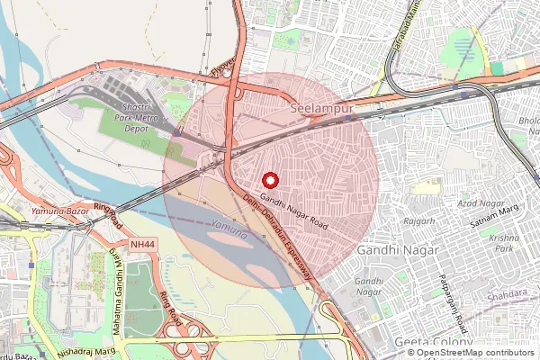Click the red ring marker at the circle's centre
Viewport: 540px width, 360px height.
pyautogui.click(x=271, y=181)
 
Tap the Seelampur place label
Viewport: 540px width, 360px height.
pyautogui.click(x=319, y=108)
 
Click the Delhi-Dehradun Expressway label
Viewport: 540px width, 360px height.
pyautogui.click(x=279, y=241)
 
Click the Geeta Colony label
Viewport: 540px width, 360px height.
pyautogui.click(x=433, y=343)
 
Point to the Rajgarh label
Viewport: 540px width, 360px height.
pyautogui.click(x=418, y=220)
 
